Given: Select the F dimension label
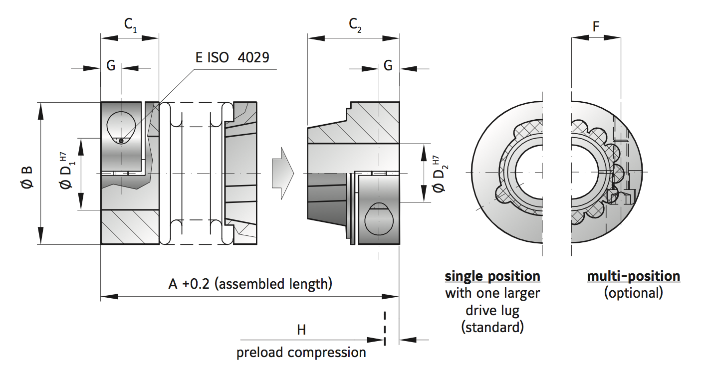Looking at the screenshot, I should (596, 26).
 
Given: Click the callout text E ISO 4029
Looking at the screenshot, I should (232, 57).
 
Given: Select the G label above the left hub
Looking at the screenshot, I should (111, 66).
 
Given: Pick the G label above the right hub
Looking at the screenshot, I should (388, 66).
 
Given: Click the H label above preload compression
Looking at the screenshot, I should (301, 330).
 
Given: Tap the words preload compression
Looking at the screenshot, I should (301, 352).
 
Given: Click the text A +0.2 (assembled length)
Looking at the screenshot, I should (250, 284).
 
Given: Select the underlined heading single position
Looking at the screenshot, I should (492, 276).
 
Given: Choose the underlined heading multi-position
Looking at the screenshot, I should (633, 276).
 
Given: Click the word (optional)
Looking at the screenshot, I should (633, 293).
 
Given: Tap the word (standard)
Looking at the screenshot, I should (492, 327).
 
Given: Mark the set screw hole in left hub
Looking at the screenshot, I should (120, 127).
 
